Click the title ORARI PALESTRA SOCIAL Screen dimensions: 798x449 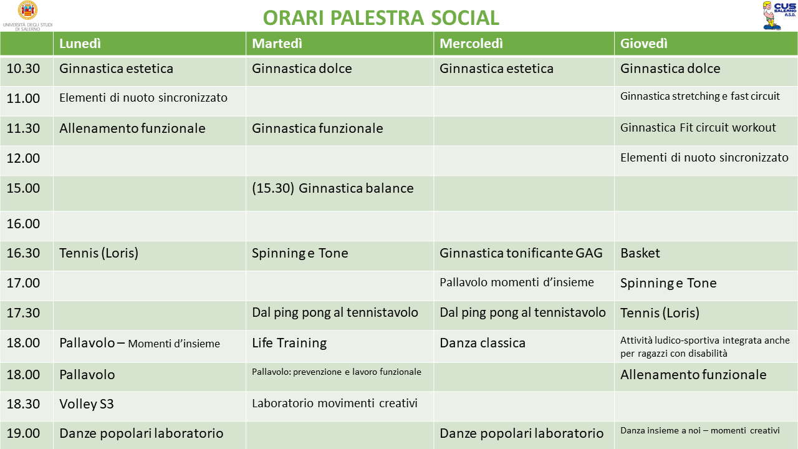(381, 18)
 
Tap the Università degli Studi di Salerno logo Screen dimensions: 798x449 (27, 16)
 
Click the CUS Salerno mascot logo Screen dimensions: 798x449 (779, 16)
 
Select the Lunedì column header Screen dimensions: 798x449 (80, 44)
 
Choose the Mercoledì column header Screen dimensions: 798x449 (471, 44)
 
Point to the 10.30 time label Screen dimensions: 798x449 (23, 69)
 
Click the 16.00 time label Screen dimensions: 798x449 (23, 224)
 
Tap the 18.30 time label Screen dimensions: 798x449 (23, 404)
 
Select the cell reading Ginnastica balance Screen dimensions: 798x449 (333, 188)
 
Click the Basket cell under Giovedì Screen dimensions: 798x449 (640, 253)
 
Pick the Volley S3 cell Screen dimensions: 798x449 (87, 404)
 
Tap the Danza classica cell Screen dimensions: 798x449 (483, 343)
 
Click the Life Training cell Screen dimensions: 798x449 (289, 343)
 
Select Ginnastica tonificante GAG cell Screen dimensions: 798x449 (521, 253)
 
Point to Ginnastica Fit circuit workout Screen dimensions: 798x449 (698, 128)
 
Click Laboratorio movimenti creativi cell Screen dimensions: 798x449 (335, 403)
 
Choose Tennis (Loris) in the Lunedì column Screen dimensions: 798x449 (99, 253)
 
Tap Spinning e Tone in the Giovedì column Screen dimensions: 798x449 (668, 283)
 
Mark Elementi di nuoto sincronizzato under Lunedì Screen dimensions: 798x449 (143, 98)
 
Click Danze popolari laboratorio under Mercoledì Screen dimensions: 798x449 (522, 433)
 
